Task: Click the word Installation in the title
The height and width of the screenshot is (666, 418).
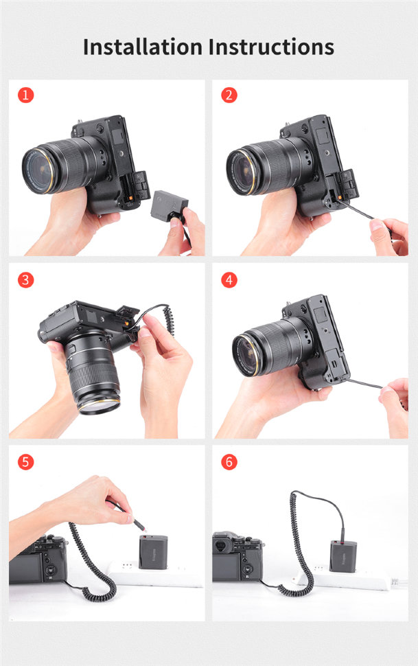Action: (x=142, y=47)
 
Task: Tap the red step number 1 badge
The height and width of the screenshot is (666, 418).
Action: (x=25, y=95)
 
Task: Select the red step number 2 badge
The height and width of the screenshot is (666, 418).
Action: (x=229, y=95)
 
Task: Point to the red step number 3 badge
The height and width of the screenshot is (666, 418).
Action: (x=25, y=280)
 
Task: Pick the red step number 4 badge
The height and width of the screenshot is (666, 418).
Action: (x=229, y=280)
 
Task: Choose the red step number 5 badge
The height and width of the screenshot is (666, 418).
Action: (x=25, y=461)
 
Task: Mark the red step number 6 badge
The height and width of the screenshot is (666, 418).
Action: (x=229, y=461)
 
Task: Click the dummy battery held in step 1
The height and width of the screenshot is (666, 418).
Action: (x=169, y=205)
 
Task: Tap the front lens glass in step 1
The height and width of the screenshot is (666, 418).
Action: (x=37, y=170)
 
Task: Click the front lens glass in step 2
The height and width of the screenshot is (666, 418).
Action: (x=240, y=172)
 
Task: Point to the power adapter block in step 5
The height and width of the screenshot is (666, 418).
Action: (x=153, y=552)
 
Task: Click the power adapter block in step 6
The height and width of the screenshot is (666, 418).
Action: (x=343, y=556)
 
